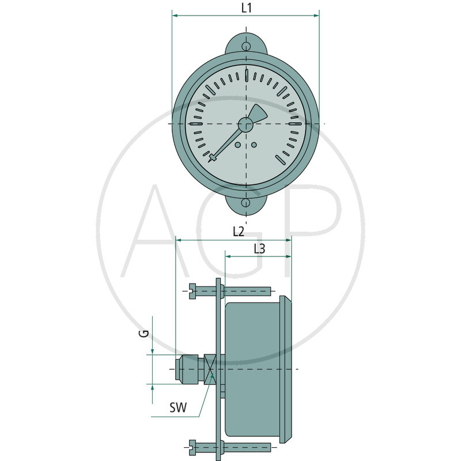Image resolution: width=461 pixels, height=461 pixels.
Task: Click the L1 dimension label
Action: [x=246, y=9]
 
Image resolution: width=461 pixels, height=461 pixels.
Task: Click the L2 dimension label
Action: [x=239, y=232]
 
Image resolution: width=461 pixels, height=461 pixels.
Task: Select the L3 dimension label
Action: [x=259, y=249]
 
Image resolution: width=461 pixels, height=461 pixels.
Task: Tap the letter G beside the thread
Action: [x=146, y=333]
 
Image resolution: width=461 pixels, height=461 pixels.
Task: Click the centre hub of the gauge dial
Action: [x=246, y=124]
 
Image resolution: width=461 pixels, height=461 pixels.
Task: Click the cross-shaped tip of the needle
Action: [x=214, y=157]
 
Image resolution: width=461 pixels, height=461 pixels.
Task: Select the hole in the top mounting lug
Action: [x=246, y=47]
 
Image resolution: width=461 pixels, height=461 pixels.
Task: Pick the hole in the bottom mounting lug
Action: [x=246, y=203]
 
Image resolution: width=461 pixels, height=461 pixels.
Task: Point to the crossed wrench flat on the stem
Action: [x=210, y=369]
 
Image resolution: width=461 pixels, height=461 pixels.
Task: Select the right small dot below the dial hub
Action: [x=254, y=145]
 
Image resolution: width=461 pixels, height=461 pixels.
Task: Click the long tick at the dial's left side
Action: [x=195, y=124]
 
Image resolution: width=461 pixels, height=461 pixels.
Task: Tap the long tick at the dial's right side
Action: [x=296, y=124]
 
